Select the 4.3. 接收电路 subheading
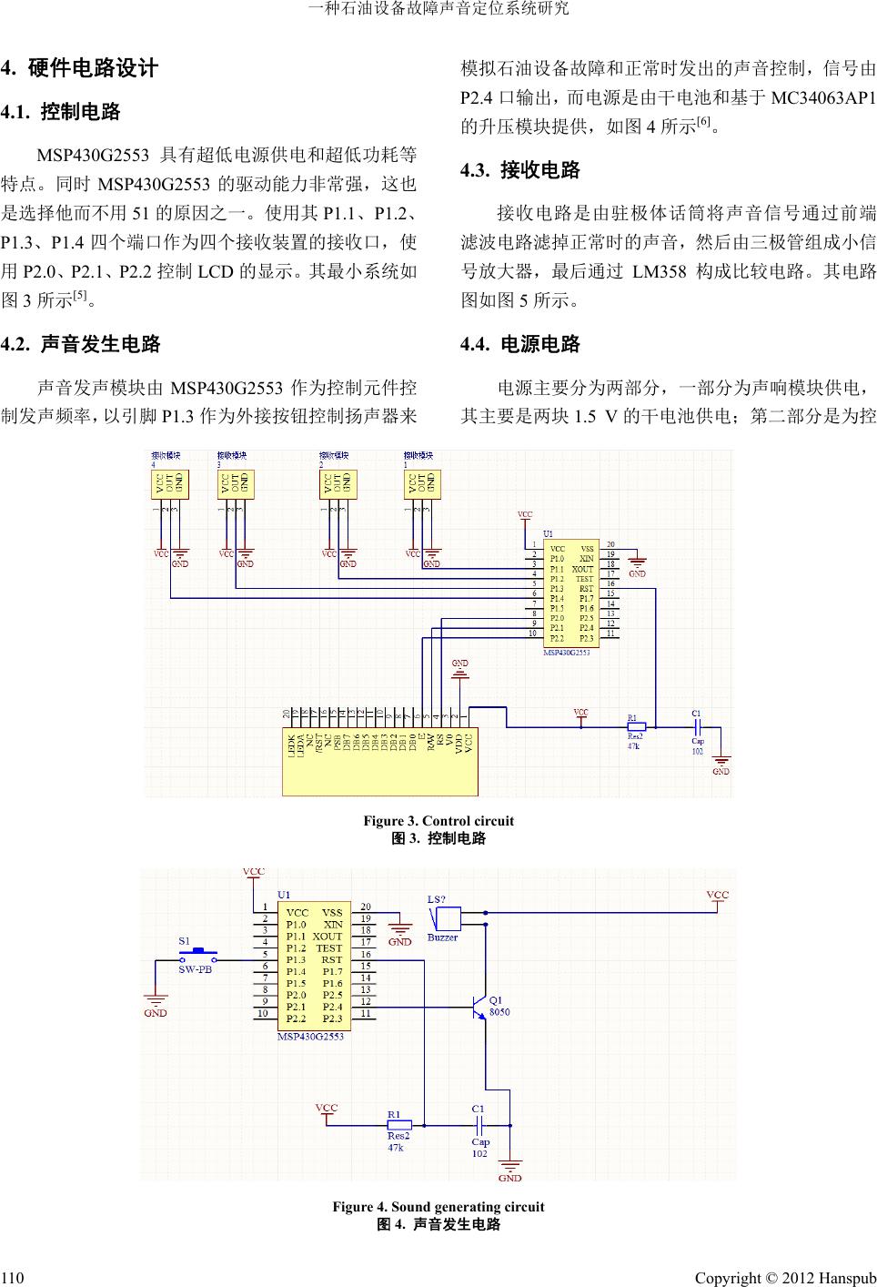tap(520, 170)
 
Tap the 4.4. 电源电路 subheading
tap(520, 344)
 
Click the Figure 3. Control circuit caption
tap(438, 821)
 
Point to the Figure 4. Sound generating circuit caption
tap(438, 1207)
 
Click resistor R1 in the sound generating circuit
tap(399, 1125)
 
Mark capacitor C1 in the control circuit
tap(696, 727)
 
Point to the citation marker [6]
tap(703, 122)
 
